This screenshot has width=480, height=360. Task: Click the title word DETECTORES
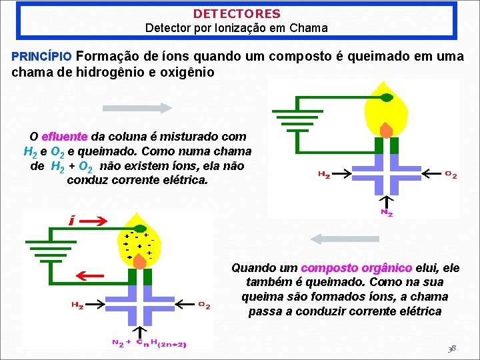pos(237,13)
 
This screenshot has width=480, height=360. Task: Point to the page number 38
pos(452,349)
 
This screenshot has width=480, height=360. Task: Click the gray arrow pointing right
pos(137,107)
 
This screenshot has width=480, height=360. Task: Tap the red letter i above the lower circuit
pos(72,220)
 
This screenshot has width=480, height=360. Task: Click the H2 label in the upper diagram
pos(323,175)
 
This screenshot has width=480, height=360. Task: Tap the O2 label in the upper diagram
pos(451,175)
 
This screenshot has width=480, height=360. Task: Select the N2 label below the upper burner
pos(387,213)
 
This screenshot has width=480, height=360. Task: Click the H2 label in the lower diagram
pos(77,305)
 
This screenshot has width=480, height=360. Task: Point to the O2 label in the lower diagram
pos(205,305)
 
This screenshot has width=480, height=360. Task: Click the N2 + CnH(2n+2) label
pos(149,344)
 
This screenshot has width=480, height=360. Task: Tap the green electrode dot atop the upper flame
pos(387,97)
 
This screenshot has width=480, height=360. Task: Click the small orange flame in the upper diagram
pos(387,129)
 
